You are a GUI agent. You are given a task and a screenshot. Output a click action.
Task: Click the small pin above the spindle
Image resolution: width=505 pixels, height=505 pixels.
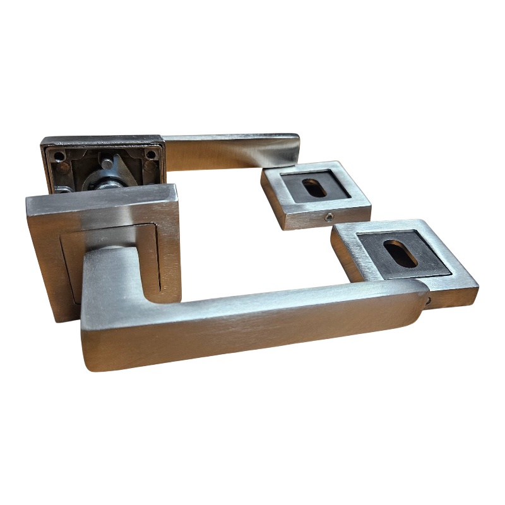(x=108, y=163)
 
